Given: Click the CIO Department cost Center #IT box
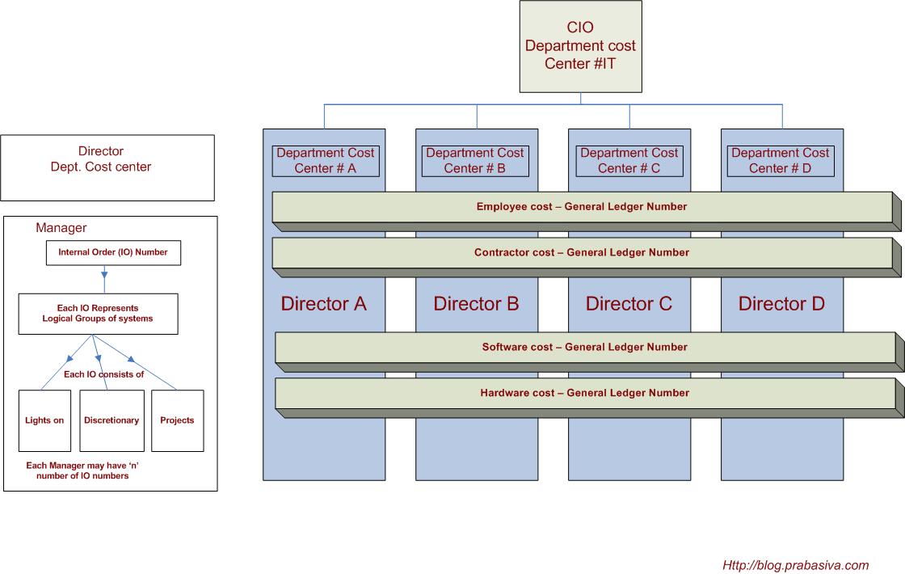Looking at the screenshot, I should (x=580, y=47).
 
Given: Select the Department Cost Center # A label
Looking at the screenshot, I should (x=326, y=160).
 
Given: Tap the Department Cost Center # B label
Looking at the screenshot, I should (x=475, y=160).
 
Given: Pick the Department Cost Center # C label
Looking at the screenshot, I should (x=629, y=160).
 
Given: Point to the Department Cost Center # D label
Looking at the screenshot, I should (x=780, y=160).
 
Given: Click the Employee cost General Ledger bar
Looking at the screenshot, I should (x=582, y=207).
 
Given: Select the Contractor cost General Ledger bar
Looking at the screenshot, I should (x=582, y=253).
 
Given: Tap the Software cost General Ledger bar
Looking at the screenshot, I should (x=584, y=348).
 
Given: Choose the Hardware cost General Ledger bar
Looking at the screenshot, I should (x=584, y=393).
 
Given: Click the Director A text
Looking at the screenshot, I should (x=323, y=304).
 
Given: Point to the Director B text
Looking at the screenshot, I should (x=476, y=304).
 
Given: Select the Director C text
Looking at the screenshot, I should (x=629, y=304).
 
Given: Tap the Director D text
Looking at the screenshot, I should (x=781, y=304).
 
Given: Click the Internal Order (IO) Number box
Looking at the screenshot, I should (x=112, y=252).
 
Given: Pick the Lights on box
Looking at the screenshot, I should (x=44, y=420).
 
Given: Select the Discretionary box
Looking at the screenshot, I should (x=112, y=420).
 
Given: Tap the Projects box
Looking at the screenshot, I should (x=177, y=420).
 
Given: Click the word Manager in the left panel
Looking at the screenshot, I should (x=61, y=228).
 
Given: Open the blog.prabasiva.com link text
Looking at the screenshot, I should (x=795, y=565).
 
